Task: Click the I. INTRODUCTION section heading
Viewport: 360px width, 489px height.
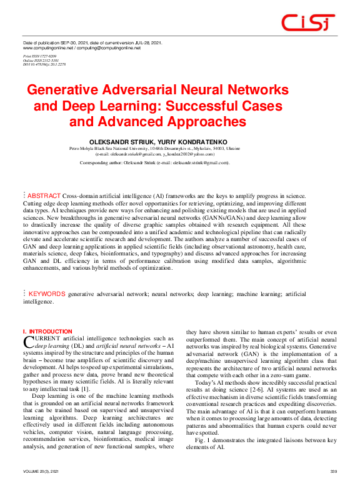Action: tap(47, 332)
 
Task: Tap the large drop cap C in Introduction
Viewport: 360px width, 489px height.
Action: tap(27, 340)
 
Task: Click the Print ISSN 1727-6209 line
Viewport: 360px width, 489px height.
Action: tap(39, 56)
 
